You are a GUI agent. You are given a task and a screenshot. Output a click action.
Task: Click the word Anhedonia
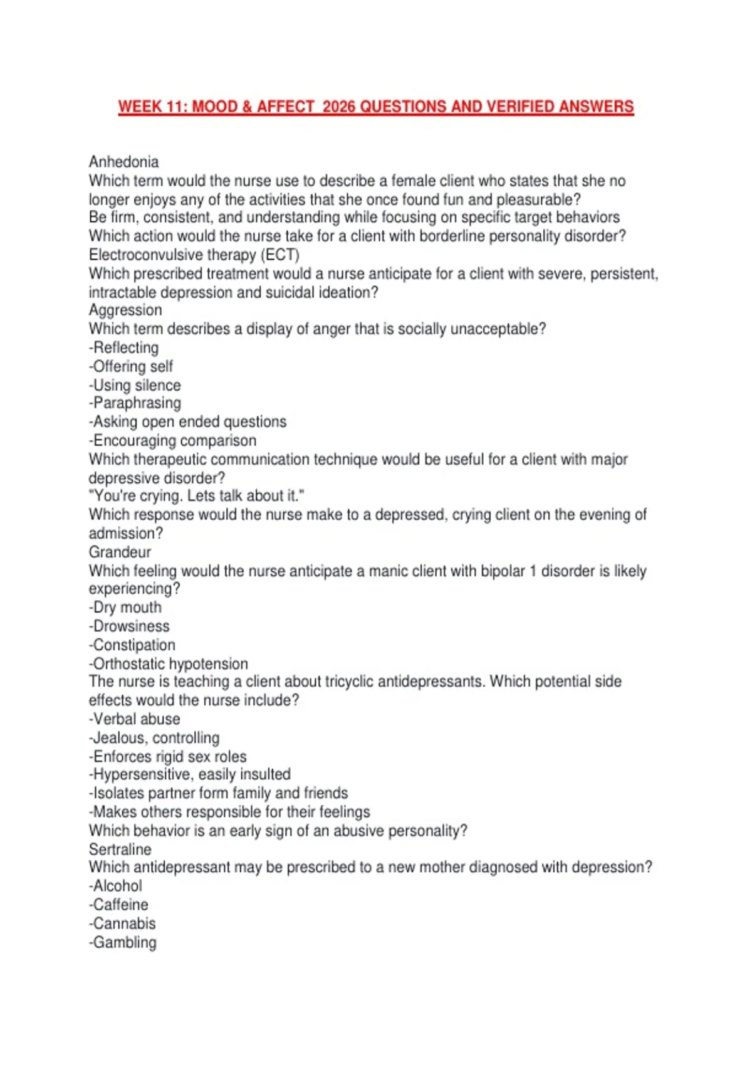123,162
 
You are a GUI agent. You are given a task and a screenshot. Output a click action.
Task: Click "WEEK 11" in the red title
150,107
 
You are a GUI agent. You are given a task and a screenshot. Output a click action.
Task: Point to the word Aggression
125,310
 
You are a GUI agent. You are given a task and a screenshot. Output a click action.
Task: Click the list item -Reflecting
123,348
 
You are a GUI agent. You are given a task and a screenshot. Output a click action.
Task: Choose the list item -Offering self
130,367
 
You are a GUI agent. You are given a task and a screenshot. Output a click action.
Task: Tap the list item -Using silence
135,385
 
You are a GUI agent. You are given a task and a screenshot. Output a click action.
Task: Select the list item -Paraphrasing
135,403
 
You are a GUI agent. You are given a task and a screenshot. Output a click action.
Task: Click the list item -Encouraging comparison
172,440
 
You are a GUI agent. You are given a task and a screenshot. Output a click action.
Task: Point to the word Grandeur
120,552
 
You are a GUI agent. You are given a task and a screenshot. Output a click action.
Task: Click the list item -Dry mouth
125,608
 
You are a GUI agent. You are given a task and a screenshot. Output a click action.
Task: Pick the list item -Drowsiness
129,626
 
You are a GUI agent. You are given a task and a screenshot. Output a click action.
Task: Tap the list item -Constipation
132,645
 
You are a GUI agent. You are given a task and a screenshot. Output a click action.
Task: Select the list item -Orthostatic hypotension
168,663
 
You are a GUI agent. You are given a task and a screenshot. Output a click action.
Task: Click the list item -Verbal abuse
134,719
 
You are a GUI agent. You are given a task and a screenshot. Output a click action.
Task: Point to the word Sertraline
120,850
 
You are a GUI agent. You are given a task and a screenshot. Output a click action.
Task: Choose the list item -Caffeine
118,905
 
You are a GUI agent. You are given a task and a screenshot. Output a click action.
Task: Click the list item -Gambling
122,942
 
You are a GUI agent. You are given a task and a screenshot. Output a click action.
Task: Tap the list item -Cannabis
122,924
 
